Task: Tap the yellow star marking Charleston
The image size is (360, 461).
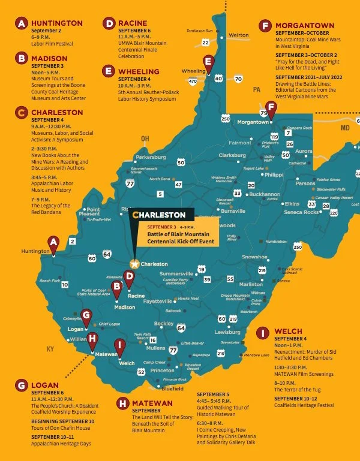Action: pyautogui.click(x=135, y=264)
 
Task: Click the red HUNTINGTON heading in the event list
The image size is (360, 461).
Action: pyautogui.click(x=57, y=23)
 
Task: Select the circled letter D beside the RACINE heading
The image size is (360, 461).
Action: pyautogui.click(x=109, y=23)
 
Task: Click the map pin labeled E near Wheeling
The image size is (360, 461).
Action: pyautogui.click(x=208, y=61)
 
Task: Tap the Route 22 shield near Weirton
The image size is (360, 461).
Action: pyautogui.click(x=206, y=42)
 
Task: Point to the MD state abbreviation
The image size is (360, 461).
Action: pyautogui.click(x=344, y=128)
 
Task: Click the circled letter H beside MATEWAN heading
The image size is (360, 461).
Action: pyautogui.click(x=122, y=403)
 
